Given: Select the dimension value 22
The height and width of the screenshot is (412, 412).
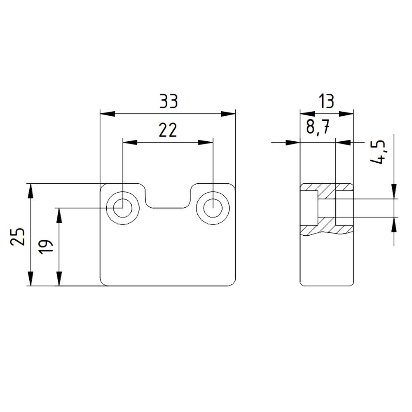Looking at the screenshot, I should [168, 131].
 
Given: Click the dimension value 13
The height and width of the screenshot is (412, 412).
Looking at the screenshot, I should [326, 101].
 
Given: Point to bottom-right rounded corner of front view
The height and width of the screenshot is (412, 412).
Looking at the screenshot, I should [232, 283].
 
